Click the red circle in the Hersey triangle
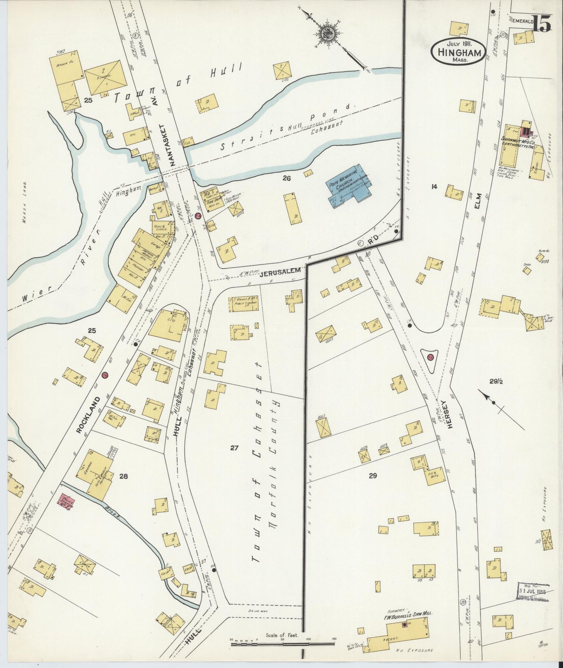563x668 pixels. [x=430, y=358]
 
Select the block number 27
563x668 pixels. [x=234, y=448]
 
